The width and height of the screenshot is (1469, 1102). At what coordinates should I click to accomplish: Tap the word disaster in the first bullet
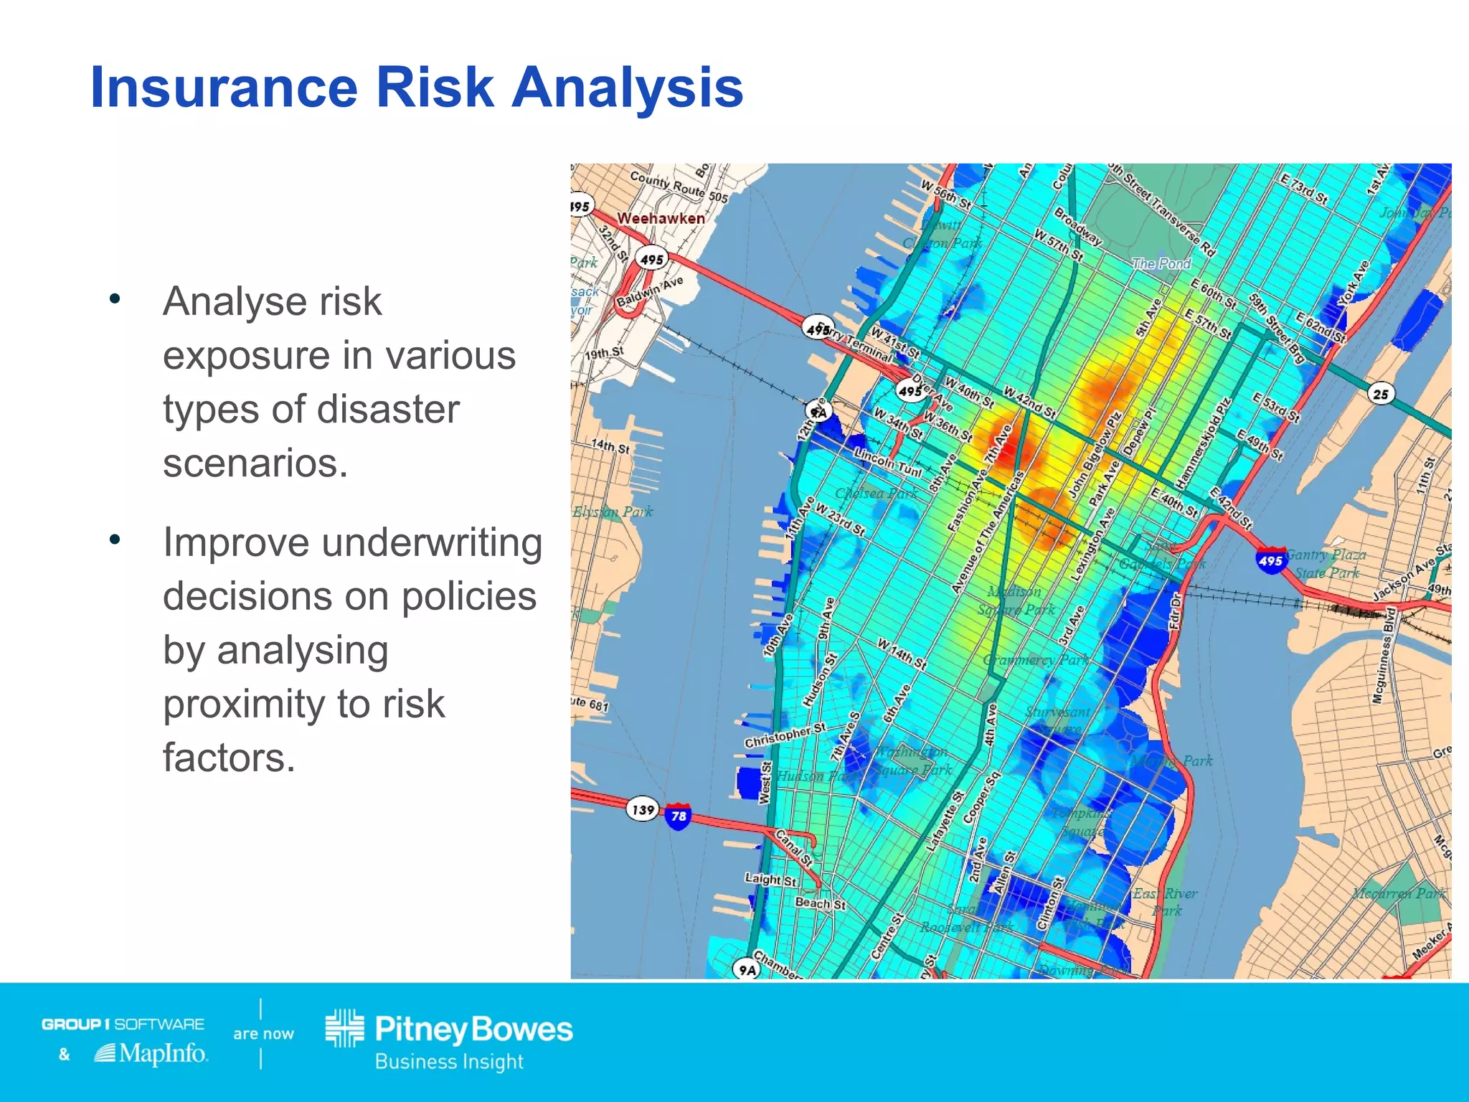pyautogui.click(x=388, y=410)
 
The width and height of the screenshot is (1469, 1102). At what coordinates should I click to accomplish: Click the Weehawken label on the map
pyautogui.click(x=661, y=218)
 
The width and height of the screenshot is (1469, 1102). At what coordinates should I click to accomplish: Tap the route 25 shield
pyautogui.click(x=1380, y=393)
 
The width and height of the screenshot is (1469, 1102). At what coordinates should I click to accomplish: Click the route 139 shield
pyautogui.click(x=643, y=810)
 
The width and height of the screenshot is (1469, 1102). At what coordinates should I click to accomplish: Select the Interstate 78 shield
pyautogui.click(x=678, y=816)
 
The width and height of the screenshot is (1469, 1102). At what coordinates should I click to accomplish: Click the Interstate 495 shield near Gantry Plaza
pyautogui.click(x=1270, y=560)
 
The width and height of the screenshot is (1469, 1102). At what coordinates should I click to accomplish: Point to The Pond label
pyautogui.click(x=1161, y=263)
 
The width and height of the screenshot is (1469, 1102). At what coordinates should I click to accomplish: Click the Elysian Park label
pyautogui.click(x=613, y=512)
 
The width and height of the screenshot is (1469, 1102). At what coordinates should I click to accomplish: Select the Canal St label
pyautogui.click(x=794, y=848)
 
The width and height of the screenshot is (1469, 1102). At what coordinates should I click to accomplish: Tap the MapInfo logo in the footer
pyautogui.click(x=151, y=1053)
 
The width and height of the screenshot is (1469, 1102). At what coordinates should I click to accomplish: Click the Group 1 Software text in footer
pyautogui.click(x=123, y=1024)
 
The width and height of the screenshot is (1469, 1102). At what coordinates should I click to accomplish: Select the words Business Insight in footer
pyautogui.click(x=449, y=1061)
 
